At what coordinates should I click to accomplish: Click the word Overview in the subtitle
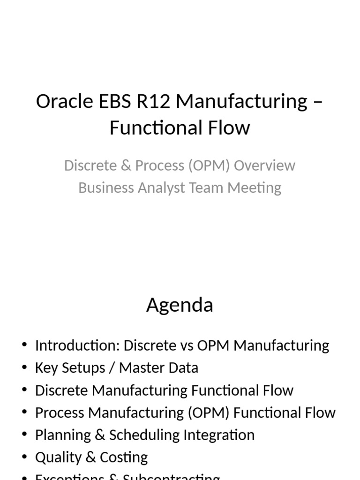(265, 165)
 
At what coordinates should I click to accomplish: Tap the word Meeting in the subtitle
(255, 187)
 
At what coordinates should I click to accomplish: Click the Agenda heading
(180, 305)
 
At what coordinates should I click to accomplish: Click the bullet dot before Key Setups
(24, 368)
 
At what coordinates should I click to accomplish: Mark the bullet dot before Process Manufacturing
(24, 412)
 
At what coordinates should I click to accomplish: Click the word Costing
(125, 457)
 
